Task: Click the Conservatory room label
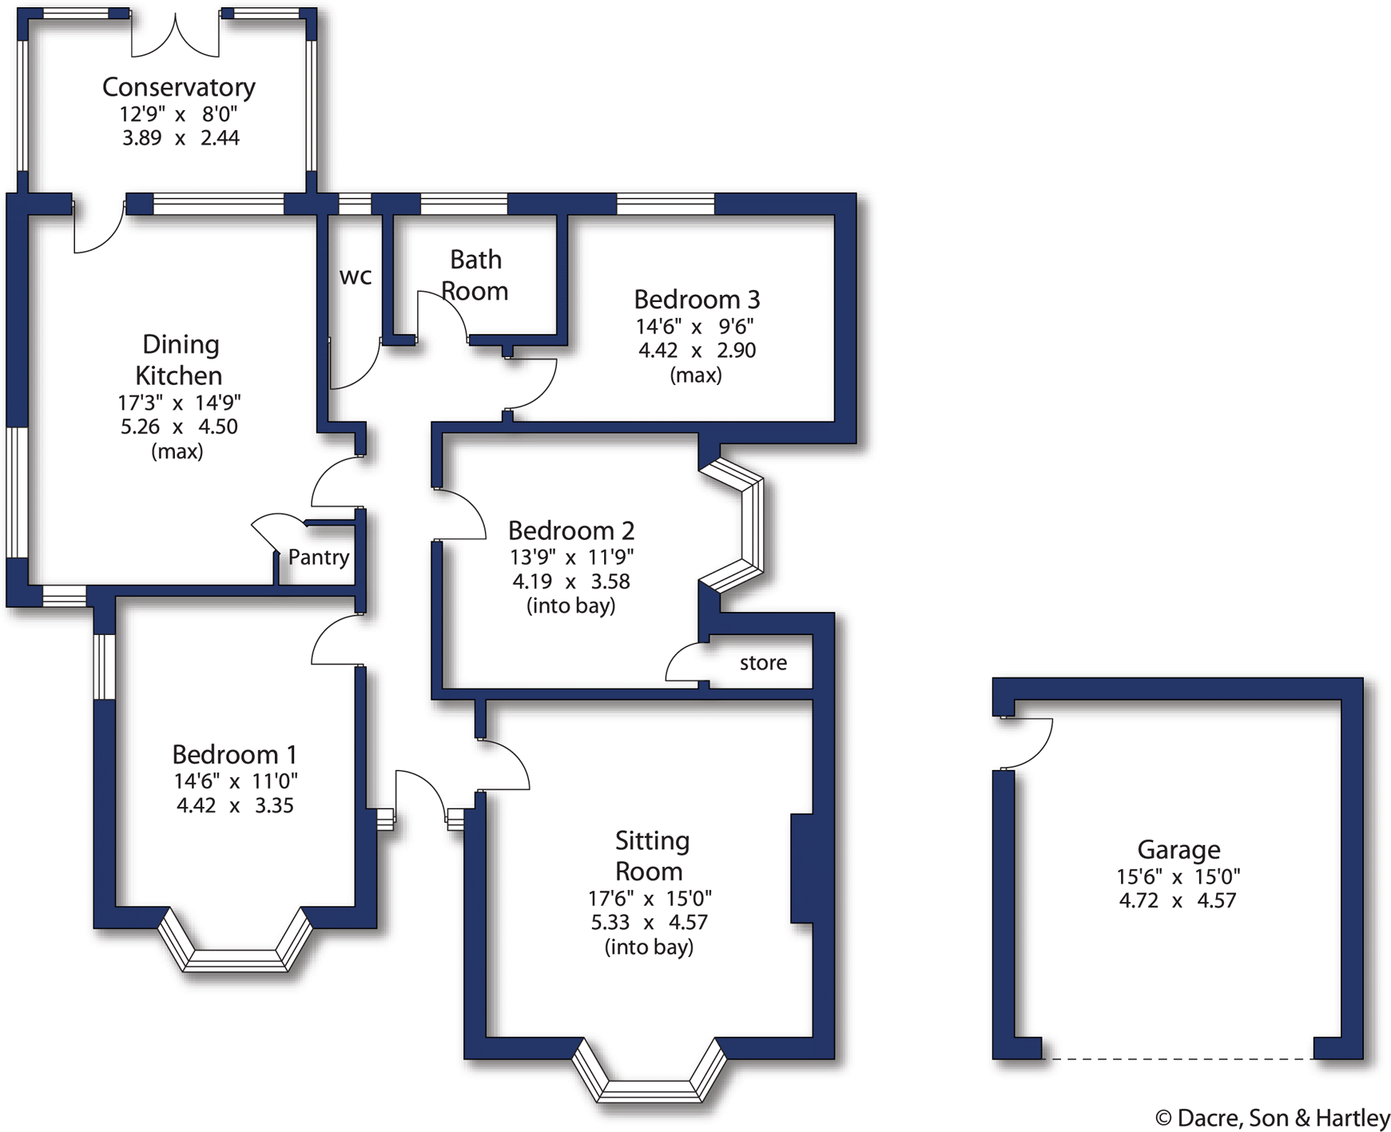[x=178, y=86]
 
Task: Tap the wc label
[x=356, y=276]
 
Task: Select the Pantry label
[x=318, y=557]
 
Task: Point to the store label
[x=763, y=662]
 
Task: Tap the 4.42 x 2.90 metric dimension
[x=697, y=350]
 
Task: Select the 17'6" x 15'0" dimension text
[x=650, y=897]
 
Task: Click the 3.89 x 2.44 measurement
[x=181, y=137]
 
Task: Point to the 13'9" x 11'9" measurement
[x=571, y=557]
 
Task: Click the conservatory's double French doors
[x=175, y=36]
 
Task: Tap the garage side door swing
[x=1028, y=743]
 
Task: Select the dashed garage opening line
[x=1178, y=1059]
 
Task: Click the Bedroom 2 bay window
[x=743, y=525]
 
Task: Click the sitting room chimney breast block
[x=802, y=868]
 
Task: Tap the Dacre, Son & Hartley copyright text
[x=1272, y=1118]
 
